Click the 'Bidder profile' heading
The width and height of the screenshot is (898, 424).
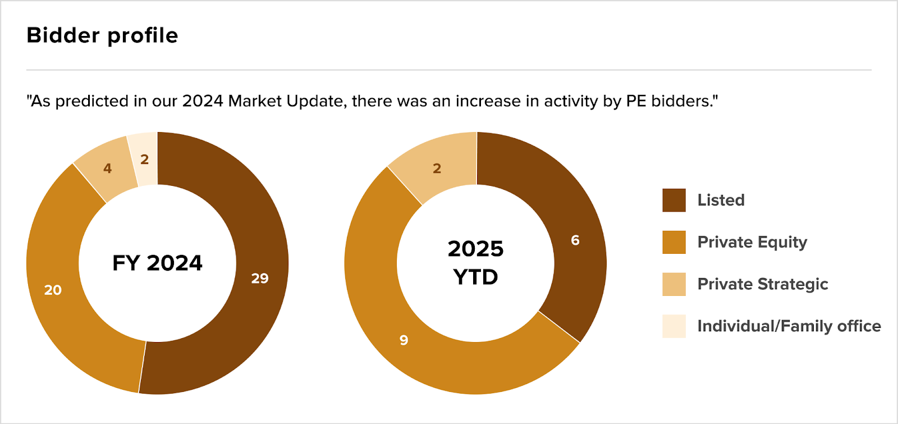[x=102, y=35]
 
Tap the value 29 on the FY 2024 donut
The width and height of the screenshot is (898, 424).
[x=260, y=278]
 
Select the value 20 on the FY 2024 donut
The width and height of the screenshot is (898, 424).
[x=53, y=290]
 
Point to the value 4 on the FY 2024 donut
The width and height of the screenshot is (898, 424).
[x=107, y=168]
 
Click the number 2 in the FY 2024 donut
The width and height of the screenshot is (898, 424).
[x=144, y=159]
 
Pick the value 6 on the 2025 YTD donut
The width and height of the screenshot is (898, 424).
[x=575, y=240]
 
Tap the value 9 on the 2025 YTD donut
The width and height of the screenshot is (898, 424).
[x=404, y=340]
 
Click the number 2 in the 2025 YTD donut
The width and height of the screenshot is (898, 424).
[x=437, y=168]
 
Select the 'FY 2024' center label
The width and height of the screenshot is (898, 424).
[x=157, y=263]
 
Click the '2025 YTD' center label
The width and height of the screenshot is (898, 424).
[x=475, y=263]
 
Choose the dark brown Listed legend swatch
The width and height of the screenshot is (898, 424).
[x=673, y=200]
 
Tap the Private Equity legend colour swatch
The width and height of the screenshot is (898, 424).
[x=673, y=242]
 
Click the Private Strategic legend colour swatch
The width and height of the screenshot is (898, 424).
[x=673, y=284]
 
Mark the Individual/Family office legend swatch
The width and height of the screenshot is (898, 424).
[x=673, y=326]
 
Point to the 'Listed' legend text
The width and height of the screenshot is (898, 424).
[x=721, y=200]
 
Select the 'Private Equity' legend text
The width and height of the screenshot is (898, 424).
[x=752, y=242]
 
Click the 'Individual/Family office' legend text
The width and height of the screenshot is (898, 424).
[x=789, y=326]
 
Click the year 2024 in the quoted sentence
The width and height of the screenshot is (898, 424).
[x=203, y=101]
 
